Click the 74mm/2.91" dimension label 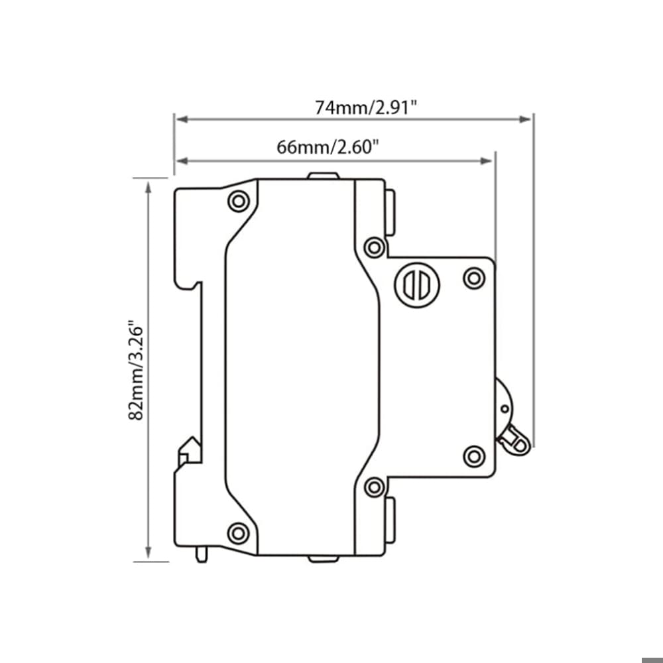(x=366, y=107)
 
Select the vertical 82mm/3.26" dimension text (x=136, y=371)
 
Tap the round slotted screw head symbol (x=418, y=285)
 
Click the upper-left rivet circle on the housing (x=237, y=201)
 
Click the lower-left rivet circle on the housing (x=237, y=532)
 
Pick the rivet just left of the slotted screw (x=375, y=248)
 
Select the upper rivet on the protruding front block (x=473, y=278)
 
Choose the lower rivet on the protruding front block (x=473, y=456)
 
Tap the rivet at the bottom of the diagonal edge (x=375, y=486)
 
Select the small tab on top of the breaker (x=324, y=176)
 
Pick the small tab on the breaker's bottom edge (x=324, y=558)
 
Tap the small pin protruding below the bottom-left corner (x=202, y=554)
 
